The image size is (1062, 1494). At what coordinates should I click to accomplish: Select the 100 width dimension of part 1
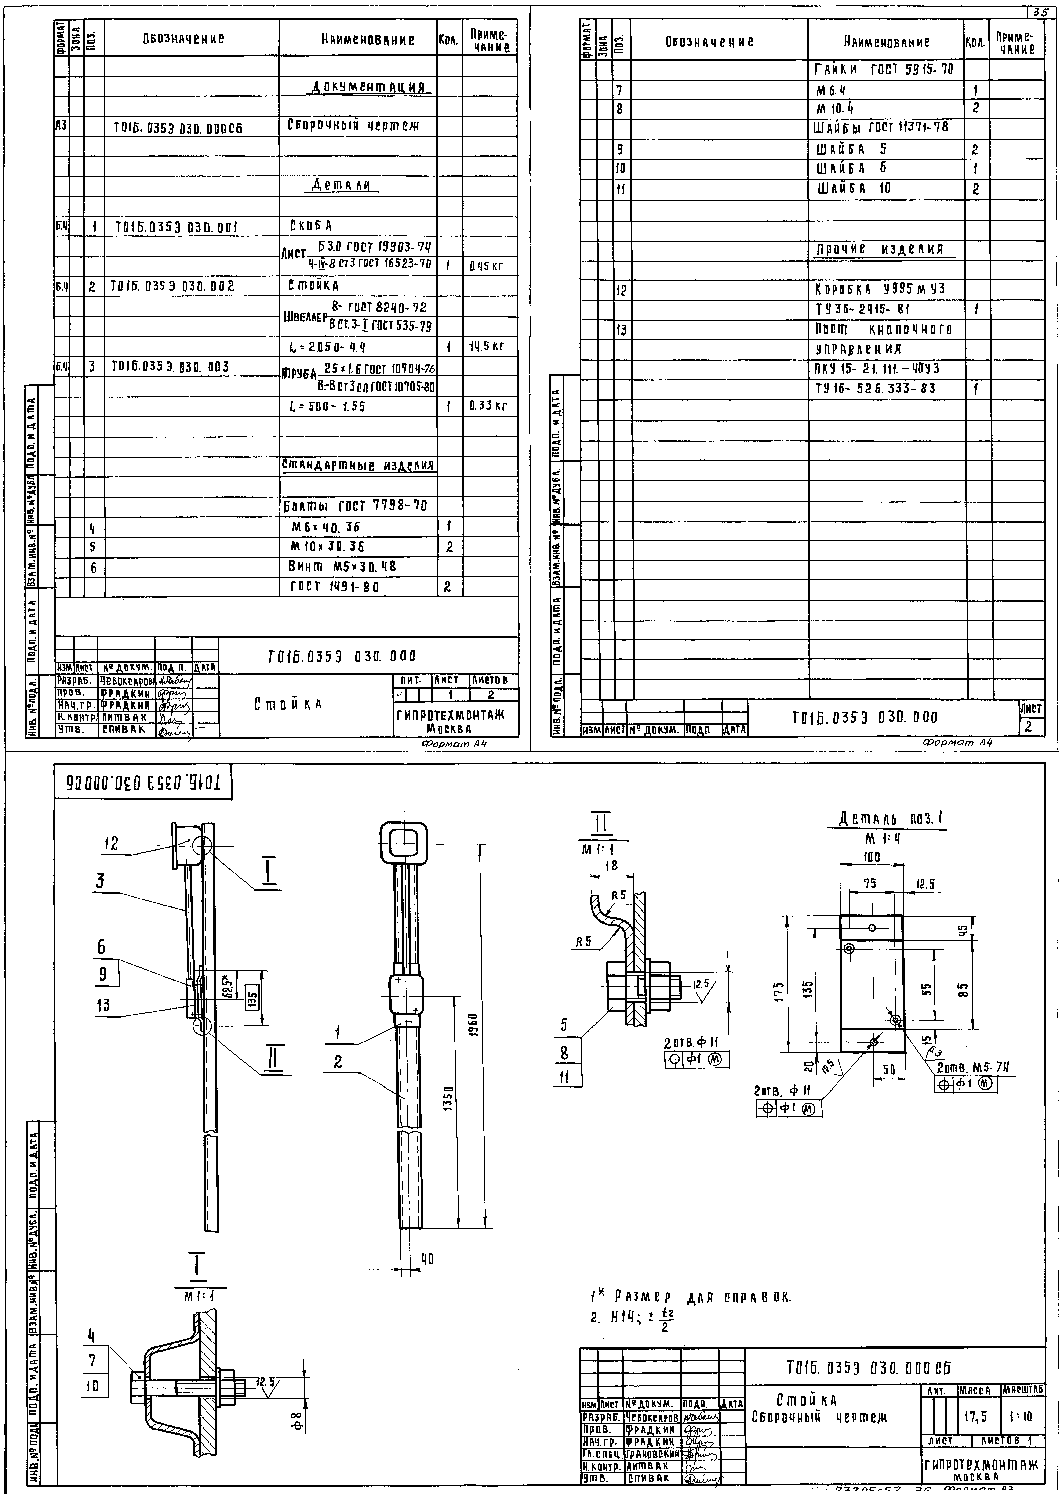tap(872, 857)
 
